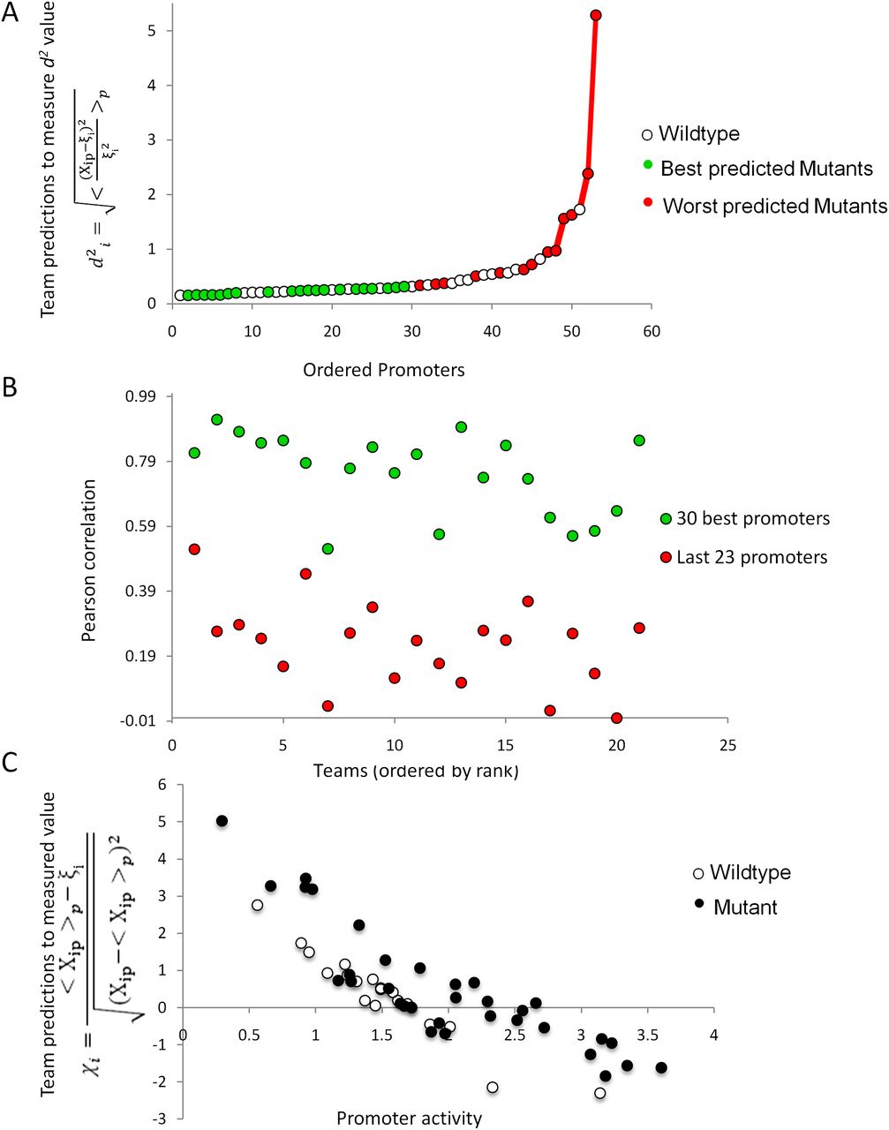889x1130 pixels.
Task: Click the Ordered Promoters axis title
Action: click(x=383, y=370)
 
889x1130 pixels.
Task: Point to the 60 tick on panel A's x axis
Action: click(x=652, y=332)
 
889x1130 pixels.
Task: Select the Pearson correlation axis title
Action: click(x=89, y=560)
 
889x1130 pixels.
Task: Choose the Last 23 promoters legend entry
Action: click(x=751, y=558)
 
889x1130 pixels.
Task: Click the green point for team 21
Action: click(x=639, y=441)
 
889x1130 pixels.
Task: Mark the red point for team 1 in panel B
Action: click(x=194, y=549)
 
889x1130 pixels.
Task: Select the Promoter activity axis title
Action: click(x=409, y=1119)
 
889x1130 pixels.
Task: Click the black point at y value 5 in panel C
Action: click(x=222, y=821)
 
